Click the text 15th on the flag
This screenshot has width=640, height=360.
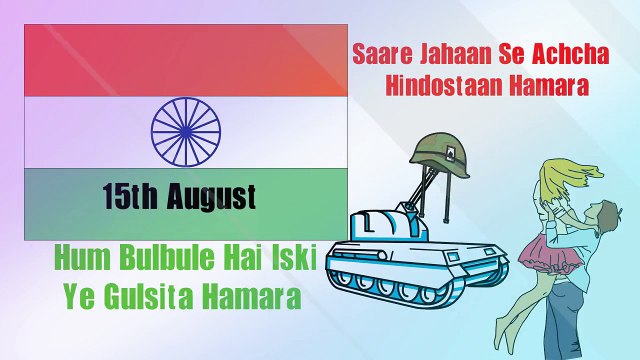pos(130,196)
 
